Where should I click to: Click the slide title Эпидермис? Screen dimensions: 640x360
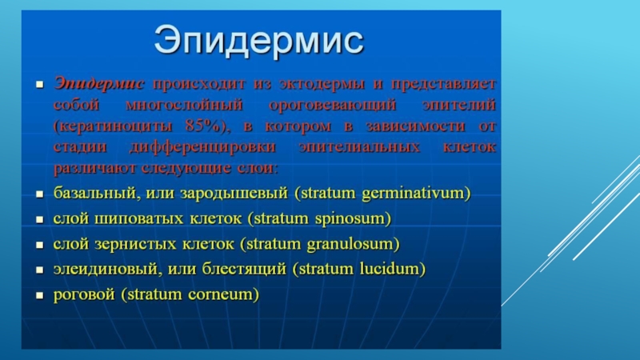coord(258,41)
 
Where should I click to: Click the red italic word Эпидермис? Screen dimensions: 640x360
coord(98,83)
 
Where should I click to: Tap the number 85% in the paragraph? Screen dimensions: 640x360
coord(203,126)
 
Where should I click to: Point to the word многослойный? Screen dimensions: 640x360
coord(184,105)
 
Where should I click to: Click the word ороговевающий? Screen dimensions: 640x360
coord(332,105)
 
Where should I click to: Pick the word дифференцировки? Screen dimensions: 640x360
coord(202,147)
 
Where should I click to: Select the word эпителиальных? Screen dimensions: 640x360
coord(359,146)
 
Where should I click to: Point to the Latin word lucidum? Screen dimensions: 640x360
coord(390,269)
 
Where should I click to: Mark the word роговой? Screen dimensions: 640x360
coord(84,294)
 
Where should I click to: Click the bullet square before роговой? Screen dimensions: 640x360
coord(39,295)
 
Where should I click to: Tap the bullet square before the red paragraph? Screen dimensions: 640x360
coord(39,85)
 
